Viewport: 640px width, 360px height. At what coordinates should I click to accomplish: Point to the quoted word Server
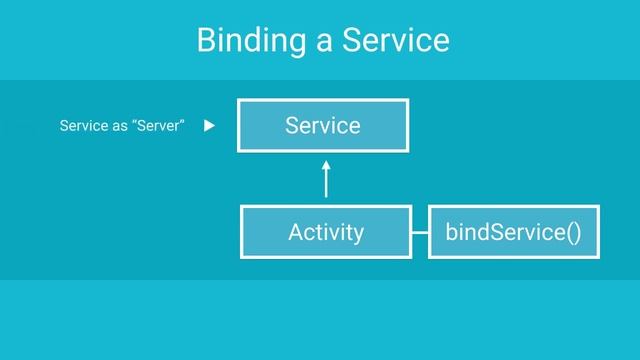point(158,126)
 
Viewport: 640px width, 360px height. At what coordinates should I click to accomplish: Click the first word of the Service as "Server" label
point(82,126)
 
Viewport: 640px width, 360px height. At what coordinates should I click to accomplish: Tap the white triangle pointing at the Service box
point(209,126)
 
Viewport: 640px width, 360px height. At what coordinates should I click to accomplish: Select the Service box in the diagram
point(322,125)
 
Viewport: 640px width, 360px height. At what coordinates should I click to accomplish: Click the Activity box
point(325,232)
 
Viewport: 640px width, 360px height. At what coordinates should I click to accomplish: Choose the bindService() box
point(514,232)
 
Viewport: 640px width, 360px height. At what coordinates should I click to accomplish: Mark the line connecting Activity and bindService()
point(420,233)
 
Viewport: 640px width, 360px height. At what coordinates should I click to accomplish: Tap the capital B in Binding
point(206,41)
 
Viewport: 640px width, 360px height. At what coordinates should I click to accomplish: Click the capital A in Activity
point(295,233)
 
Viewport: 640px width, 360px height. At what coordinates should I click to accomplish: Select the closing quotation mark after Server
point(182,123)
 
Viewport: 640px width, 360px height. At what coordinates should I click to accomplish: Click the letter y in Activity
point(358,235)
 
